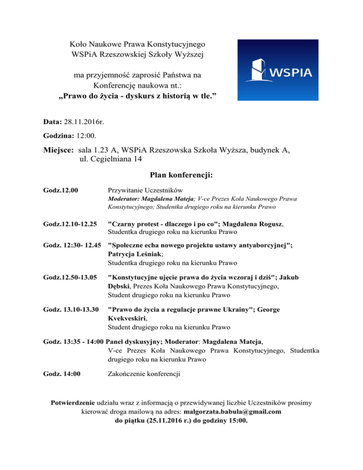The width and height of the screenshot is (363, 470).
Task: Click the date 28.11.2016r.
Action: (x=84, y=122)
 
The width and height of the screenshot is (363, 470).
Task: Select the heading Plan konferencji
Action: (x=181, y=175)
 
